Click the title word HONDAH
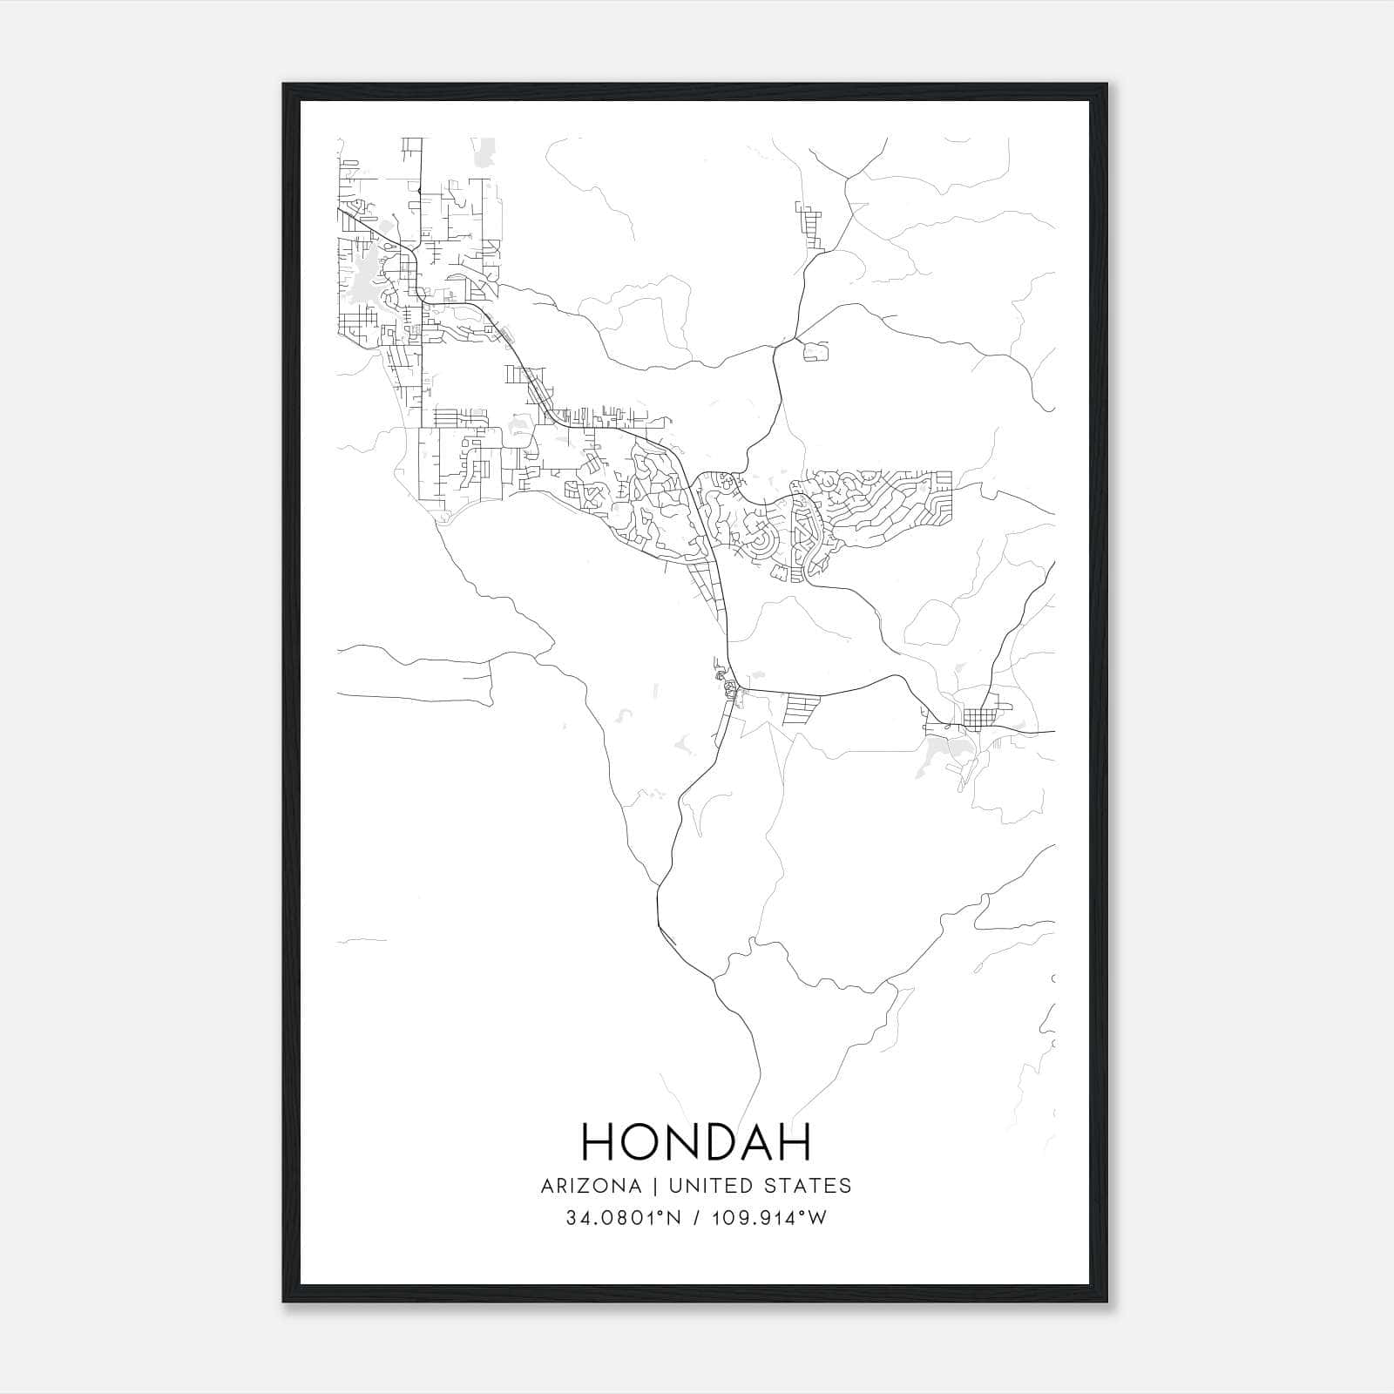pos(696,1141)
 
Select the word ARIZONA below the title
pos(591,1186)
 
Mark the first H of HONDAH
pos(599,1141)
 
